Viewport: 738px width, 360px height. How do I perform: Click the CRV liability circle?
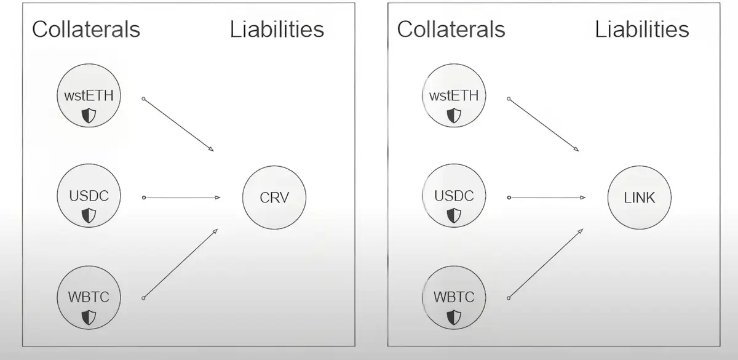click(x=274, y=198)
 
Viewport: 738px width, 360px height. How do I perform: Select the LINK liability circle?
click(x=640, y=198)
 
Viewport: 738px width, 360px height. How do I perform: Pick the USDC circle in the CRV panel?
click(x=89, y=198)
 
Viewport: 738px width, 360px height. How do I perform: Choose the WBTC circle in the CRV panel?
click(x=89, y=298)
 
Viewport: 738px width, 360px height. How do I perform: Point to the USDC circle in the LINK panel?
click(x=454, y=198)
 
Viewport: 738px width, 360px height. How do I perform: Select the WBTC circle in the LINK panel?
click(x=454, y=298)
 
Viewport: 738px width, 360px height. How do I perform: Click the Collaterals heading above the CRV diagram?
click(x=86, y=29)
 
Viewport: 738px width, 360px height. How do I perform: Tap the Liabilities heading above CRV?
click(x=277, y=29)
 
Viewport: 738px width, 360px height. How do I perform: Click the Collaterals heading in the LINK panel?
click(x=451, y=29)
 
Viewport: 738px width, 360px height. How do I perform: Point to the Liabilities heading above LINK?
click(x=641, y=29)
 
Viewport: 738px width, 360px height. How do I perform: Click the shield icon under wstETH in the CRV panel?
click(x=90, y=114)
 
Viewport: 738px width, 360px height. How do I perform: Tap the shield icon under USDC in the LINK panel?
click(x=454, y=215)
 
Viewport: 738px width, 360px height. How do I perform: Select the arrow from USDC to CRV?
click(x=181, y=198)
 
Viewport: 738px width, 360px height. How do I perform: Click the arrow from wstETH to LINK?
click(x=544, y=124)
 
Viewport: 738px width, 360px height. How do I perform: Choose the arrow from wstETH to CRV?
click(x=178, y=124)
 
